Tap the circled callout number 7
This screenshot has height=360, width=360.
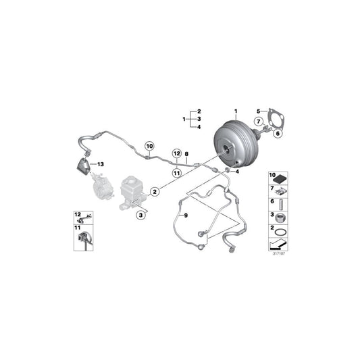(258, 122)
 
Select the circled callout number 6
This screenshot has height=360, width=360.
(278, 133)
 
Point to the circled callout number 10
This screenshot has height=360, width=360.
(149, 145)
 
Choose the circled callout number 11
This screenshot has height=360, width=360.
(176, 173)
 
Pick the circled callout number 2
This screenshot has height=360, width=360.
(155, 192)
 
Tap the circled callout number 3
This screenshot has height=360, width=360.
(140, 215)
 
